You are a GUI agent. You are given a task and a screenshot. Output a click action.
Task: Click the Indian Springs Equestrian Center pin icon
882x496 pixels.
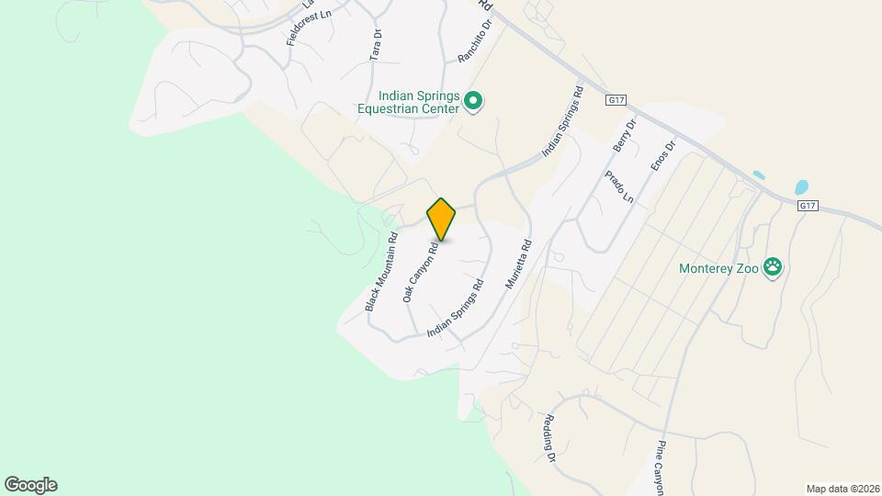[473, 101]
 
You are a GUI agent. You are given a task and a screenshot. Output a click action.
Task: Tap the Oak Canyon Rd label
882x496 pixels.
[419, 273]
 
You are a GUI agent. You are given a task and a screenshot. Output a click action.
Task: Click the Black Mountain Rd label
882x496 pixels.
[381, 272]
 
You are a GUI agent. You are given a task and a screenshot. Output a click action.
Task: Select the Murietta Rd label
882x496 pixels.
[519, 265]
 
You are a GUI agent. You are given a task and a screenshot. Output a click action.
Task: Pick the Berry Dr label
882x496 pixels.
[624, 136]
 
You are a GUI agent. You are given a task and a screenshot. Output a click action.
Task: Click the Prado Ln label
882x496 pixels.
[619, 186]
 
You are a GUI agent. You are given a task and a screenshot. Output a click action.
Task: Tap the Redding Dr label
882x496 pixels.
[549, 437]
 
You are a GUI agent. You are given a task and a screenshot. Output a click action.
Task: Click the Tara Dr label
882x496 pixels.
[376, 45]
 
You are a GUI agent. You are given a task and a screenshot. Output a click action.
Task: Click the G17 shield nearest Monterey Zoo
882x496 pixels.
[808, 207]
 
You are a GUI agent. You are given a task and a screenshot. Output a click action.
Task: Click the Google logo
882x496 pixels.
[30, 485]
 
